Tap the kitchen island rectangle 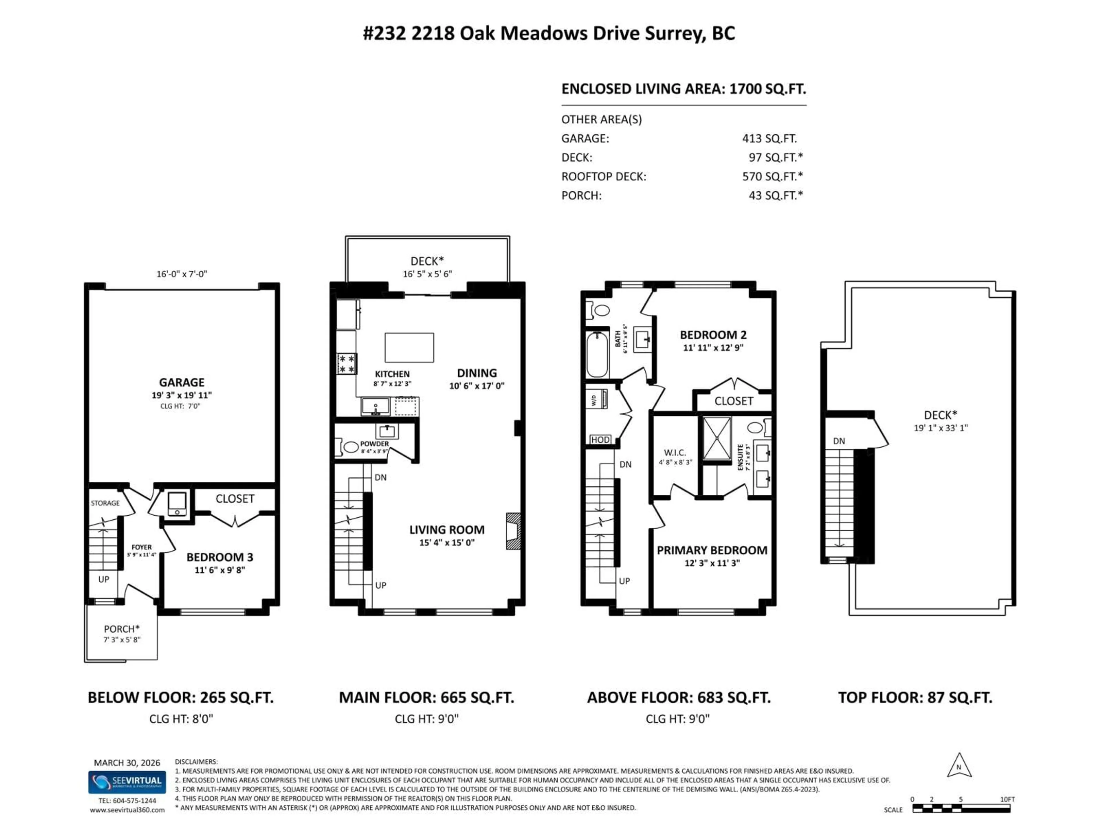click(x=409, y=347)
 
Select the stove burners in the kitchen click(x=347, y=364)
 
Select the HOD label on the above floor click(x=600, y=440)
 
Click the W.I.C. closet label click(x=675, y=453)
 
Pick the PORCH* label click(x=121, y=628)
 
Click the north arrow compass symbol click(x=959, y=766)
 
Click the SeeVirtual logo click(x=127, y=782)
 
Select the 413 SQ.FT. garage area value click(x=769, y=138)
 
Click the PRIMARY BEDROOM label click(x=712, y=550)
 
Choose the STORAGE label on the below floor click(x=105, y=503)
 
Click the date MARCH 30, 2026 click(x=127, y=762)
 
